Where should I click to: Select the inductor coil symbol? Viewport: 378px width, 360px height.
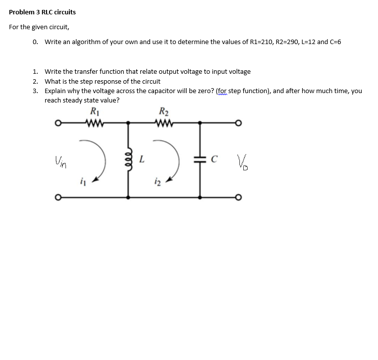pos(129,159)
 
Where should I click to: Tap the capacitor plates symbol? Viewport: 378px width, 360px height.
pos(200,159)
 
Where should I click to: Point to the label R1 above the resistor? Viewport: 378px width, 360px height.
pos(94,111)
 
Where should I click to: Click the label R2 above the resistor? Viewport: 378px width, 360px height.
pos(163,111)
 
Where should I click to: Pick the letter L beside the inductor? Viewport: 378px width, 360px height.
pos(142,159)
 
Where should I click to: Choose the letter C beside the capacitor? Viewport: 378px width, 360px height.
pos(214,159)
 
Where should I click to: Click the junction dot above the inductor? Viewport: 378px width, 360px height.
pos(129,122)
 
